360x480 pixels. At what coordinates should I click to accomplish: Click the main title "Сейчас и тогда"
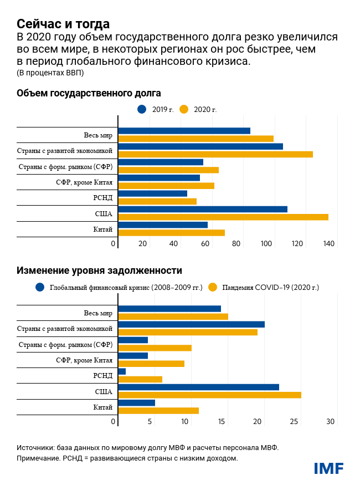63,24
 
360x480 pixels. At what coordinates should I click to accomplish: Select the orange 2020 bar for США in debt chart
223,217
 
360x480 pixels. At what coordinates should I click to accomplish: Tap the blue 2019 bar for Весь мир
184,131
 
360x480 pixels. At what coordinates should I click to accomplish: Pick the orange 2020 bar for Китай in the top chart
172,232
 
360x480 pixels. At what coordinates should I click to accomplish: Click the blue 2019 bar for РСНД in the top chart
153,193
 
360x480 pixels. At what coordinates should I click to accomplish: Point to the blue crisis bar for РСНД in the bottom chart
122,371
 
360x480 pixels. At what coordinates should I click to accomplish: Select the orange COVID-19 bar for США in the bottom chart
210,395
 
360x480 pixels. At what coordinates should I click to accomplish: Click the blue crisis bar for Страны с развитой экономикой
192,324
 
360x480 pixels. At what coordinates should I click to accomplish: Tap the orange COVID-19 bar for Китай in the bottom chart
159,410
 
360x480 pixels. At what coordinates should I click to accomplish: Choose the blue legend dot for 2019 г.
142,109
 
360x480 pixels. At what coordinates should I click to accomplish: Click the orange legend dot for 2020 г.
185,109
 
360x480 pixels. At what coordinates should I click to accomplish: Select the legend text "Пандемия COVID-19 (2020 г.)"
270,288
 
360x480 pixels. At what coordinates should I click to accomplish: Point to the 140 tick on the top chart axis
330,244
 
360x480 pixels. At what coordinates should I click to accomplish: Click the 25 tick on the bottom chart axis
295,422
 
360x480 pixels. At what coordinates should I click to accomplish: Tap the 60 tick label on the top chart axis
205,244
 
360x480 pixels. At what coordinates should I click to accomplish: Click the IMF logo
329,468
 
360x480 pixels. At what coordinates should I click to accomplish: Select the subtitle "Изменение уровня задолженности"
99,270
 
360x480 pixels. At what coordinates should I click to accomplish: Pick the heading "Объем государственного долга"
89,93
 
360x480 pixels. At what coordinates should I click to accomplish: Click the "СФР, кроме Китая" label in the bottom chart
84,360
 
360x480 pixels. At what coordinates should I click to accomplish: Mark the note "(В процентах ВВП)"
50,73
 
